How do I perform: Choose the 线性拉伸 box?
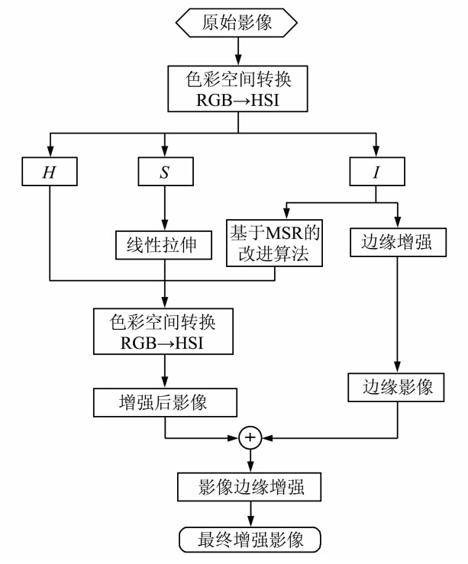164,243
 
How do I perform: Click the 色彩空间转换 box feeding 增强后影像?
164,331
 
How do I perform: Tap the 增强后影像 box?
164,401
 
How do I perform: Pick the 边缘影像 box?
396,388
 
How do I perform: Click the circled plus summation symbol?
251,439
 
